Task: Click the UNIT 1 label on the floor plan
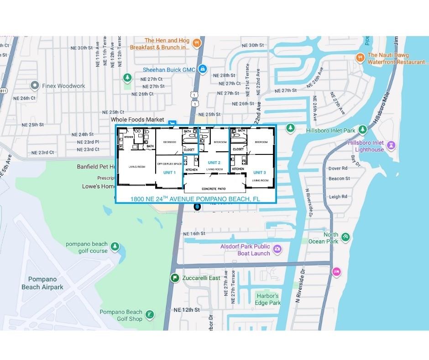(x=169, y=172)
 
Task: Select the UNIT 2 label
(x=214, y=163)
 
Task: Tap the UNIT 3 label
(x=259, y=172)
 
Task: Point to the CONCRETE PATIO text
(x=214, y=189)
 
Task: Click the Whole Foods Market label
(x=137, y=120)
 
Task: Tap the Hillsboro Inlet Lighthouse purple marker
(x=391, y=145)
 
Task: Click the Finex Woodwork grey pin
(x=34, y=85)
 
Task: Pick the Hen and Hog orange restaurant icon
(x=196, y=43)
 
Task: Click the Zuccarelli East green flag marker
(x=174, y=278)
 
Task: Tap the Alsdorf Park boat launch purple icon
(x=277, y=249)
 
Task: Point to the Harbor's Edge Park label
(x=267, y=299)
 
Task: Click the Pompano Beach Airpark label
(x=42, y=283)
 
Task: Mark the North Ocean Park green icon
(x=345, y=237)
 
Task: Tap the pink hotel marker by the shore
(x=336, y=271)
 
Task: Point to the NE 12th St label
(x=187, y=310)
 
